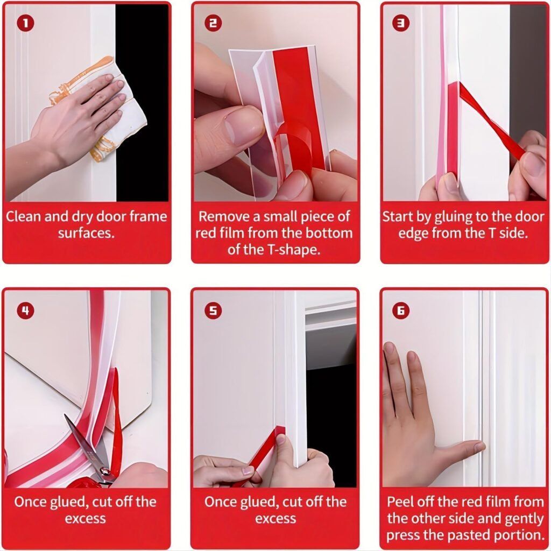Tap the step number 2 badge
click(214, 24)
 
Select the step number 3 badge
click(401, 24)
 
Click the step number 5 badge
click(214, 310)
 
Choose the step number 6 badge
click(401, 310)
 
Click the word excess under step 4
click(86, 519)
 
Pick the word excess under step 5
click(275, 519)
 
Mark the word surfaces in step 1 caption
click(86, 233)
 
